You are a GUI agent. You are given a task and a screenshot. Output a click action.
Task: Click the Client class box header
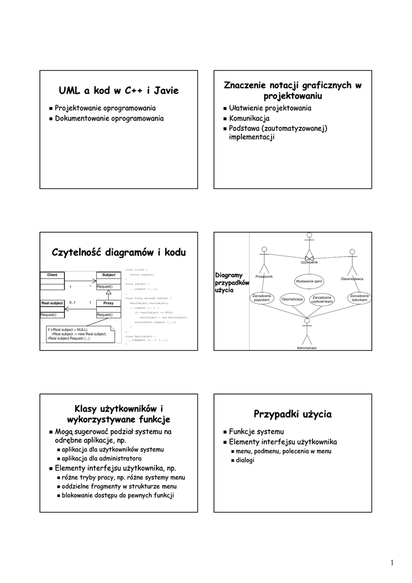(52, 274)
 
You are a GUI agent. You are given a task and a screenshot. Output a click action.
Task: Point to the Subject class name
(108, 274)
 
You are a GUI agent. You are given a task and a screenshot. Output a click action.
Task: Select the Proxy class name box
(108, 303)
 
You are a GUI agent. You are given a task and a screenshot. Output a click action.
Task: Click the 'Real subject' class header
(52, 303)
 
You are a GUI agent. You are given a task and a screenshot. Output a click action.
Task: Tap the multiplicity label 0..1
(72, 302)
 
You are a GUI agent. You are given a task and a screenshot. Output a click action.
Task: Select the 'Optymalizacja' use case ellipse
(292, 299)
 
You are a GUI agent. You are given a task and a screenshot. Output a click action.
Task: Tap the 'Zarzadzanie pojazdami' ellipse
(262, 298)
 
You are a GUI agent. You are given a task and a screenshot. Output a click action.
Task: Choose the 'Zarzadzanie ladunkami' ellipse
(360, 298)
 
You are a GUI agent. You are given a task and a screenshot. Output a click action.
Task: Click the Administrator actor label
(307, 347)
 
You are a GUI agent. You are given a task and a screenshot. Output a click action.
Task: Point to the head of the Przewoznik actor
(263, 250)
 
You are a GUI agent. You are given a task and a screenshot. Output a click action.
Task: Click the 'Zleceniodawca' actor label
(352, 278)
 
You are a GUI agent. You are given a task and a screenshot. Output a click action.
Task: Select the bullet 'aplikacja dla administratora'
(102, 458)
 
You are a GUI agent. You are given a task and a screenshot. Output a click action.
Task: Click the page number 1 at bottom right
(392, 563)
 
